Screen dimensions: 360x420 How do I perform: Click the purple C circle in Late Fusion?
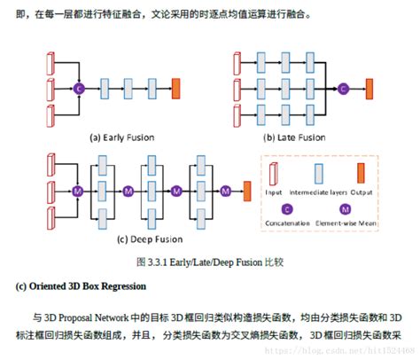(341, 89)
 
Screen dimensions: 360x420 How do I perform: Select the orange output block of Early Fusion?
(175, 89)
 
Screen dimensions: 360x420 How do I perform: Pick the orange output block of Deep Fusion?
(247, 190)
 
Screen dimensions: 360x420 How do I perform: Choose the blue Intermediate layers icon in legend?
(317, 173)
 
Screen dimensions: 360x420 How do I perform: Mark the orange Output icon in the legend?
(361, 173)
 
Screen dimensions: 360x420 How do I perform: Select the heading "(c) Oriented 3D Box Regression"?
(79, 286)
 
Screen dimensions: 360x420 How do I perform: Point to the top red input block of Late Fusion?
(236, 63)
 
